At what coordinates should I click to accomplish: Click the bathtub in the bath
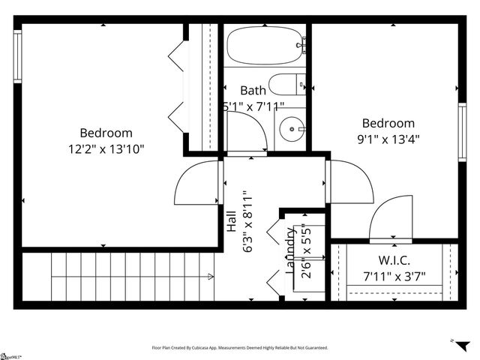(265, 46)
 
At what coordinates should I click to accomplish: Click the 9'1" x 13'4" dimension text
(388, 138)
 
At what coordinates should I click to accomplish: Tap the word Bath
(253, 91)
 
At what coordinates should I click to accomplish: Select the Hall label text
(232, 221)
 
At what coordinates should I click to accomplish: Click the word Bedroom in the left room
(106, 133)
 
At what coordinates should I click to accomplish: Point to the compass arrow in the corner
(452, 340)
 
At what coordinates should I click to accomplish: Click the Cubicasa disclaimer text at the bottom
(239, 348)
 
